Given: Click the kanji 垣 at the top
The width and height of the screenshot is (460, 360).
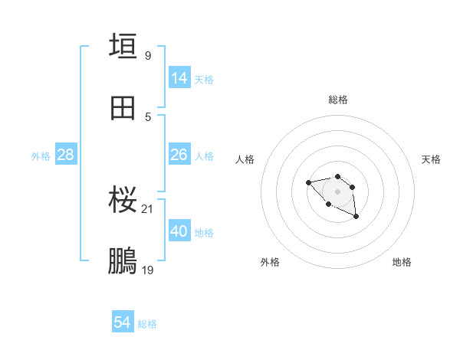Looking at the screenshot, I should coord(123,46).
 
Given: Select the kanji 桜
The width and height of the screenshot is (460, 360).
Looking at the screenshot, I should coord(123,200).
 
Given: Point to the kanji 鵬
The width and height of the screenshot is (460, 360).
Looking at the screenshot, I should coord(123,261).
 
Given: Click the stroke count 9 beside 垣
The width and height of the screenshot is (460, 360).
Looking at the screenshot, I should coord(148,55).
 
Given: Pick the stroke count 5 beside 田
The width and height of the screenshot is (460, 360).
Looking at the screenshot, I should coord(148,116).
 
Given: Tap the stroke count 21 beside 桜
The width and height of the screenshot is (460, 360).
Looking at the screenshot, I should coord(148,209).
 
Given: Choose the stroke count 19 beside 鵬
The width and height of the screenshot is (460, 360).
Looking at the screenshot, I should coord(148,270).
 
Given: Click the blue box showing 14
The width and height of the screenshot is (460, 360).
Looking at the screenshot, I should coord(179,78).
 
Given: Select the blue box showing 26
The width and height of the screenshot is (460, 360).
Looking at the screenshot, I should coord(179,155).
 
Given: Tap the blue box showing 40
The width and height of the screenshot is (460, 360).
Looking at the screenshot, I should coord(179,231).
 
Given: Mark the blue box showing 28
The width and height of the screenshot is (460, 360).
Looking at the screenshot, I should coord(66,155).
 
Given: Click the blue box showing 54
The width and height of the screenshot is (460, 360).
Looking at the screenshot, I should coord(123,323).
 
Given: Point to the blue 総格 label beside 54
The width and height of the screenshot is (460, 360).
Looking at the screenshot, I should coord(147,324).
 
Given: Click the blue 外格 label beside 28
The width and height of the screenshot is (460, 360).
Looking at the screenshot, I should coord(41,156).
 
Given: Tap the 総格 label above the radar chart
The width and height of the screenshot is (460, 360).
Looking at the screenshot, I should coord(338,100).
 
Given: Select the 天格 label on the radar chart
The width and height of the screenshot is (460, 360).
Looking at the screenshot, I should coord(431,159).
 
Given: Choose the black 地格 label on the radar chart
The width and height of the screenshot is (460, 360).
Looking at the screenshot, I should coord(402,262).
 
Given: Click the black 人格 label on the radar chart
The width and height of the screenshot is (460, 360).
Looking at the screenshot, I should coord(245,159).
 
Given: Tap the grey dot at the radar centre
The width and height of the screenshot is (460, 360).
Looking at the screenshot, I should coord(337,191).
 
